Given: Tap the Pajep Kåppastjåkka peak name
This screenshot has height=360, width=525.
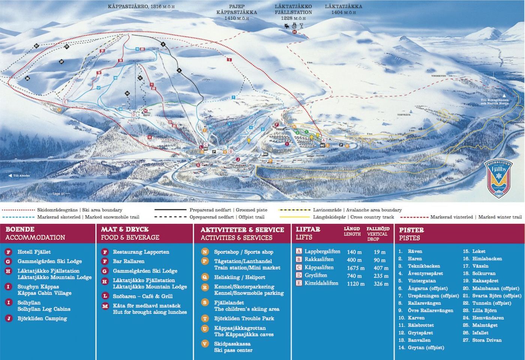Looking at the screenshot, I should tap(236, 12).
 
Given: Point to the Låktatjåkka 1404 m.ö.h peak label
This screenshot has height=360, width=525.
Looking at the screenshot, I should tap(343, 9).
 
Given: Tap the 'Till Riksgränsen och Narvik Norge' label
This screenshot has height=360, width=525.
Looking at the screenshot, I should tap(495, 101).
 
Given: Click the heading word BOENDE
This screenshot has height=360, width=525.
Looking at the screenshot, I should tap(20, 229).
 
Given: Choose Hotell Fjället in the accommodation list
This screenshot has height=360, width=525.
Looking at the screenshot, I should tap(34, 252).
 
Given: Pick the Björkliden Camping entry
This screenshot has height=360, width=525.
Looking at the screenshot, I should tap(42, 318).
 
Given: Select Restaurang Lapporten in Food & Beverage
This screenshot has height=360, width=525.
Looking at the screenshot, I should tap(141, 252).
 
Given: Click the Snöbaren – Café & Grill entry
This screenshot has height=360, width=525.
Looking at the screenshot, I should tap(142, 296).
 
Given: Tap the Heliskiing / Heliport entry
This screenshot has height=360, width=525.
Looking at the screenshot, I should tap(239, 277).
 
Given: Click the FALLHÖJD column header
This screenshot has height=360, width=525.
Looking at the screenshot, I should tap(378, 228).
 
